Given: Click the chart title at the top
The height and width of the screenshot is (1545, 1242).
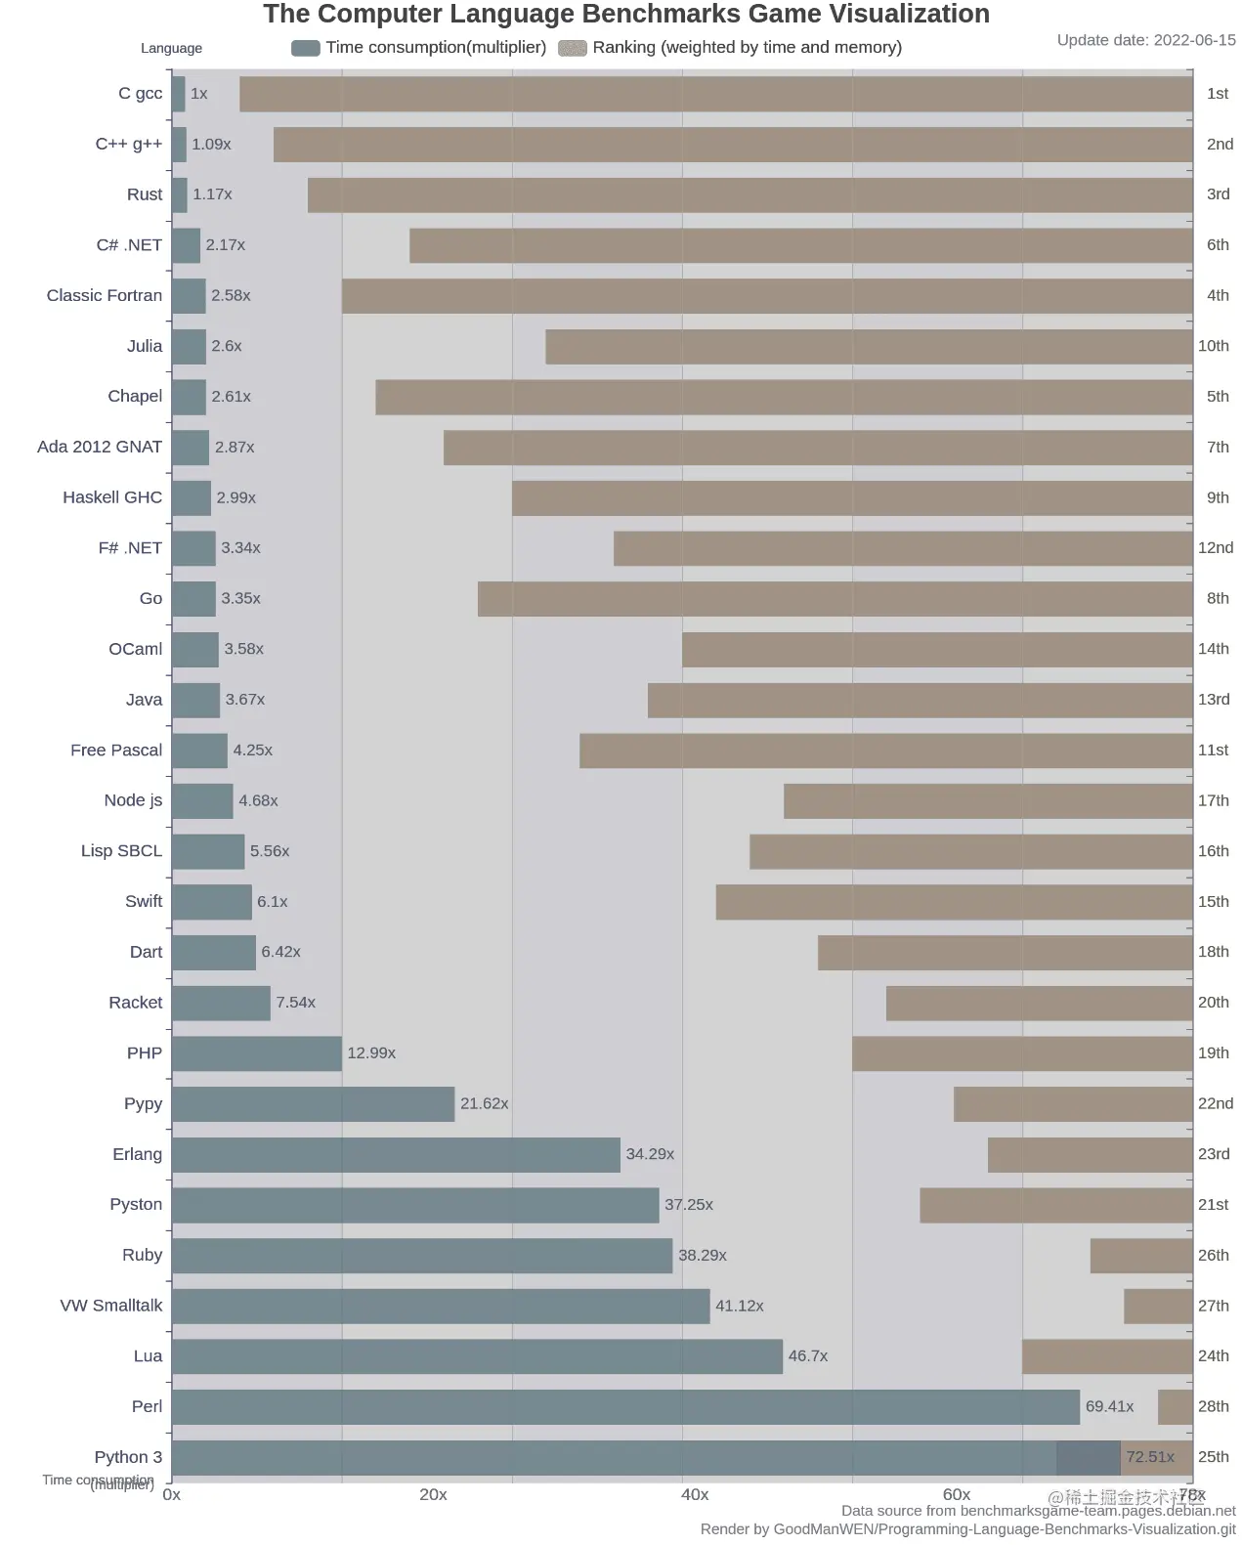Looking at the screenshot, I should click(625, 15).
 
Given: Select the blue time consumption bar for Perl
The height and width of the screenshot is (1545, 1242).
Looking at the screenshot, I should click(625, 1406).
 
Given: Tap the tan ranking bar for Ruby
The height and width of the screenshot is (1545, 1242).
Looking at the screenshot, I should click(1140, 1255).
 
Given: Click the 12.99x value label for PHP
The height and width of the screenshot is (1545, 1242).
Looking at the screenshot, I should click(371, 1052).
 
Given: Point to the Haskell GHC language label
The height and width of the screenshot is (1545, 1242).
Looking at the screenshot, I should click(112, 497).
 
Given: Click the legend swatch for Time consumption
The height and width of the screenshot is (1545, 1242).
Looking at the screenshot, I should click(306, 48).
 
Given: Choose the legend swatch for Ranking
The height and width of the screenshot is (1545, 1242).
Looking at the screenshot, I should click(573, 48).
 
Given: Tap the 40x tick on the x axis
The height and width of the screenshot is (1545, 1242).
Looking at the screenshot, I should click(695, 1494).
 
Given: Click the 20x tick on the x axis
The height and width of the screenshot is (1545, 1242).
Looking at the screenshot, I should click(433, 1494).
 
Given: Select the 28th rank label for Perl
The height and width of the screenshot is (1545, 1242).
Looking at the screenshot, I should click(1213, 1406).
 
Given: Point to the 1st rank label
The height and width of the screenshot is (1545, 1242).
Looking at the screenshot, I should click(1217, 94).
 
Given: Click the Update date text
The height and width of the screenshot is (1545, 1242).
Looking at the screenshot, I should click(1146, 40).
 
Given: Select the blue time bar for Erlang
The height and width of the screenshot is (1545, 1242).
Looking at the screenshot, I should click(396, 1154).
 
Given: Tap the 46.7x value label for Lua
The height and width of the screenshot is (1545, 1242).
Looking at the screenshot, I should click(808, 1355).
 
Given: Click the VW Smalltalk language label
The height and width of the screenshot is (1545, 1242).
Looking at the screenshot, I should click(111, 1306).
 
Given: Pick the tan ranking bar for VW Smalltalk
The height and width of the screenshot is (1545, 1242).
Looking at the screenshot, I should click(1158, 1306).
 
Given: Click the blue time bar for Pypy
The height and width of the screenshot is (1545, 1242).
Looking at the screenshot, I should click(313, 1103).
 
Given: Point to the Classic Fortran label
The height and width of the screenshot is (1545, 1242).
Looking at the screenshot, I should click(105, 295).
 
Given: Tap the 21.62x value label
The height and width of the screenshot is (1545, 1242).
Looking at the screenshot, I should click(484, 1103).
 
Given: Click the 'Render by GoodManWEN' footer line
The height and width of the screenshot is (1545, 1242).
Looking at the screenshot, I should click(967, 1529).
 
